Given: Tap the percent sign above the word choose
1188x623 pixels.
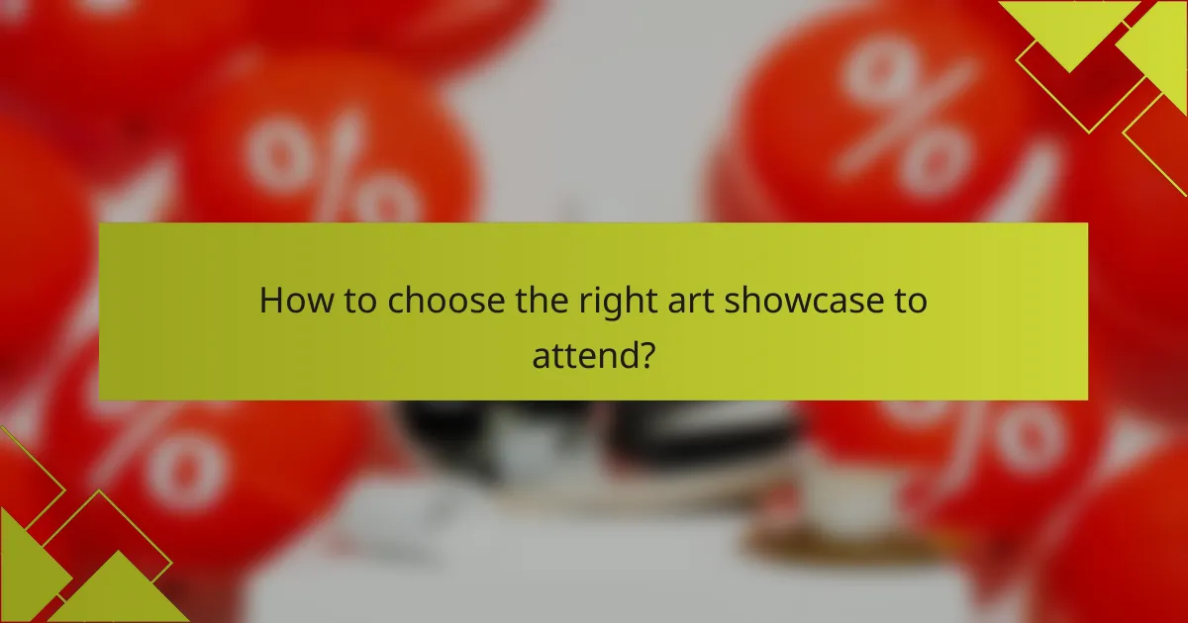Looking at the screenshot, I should [327, 168].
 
